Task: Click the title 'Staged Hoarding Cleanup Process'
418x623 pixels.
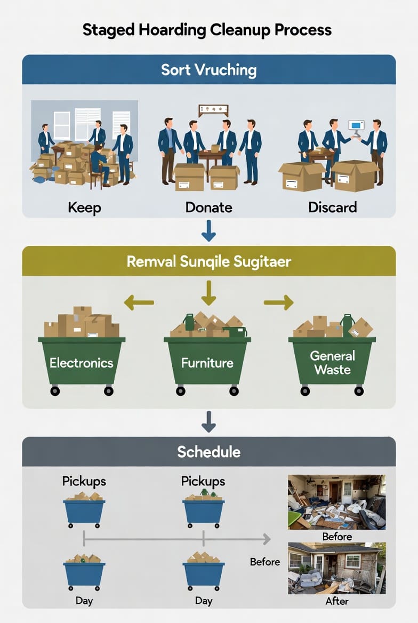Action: coord(207,29)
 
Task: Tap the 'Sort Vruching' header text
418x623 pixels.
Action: coord(208,70)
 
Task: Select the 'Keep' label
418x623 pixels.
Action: coord(84,206)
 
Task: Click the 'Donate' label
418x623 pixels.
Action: coord(208,206)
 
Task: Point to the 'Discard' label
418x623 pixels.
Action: coord(332,206)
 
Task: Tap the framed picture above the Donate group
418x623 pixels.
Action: coord(213,110)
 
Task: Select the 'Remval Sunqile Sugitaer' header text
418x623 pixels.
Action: coord(208,261)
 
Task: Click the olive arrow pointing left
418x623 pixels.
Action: coord(139,302)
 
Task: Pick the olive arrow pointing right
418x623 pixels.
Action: coord(279,302)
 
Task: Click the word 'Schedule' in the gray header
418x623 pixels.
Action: coord(208,452)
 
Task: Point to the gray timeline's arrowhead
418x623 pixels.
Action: coord(266,540)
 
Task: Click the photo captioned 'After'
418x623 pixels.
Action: coord(336,568)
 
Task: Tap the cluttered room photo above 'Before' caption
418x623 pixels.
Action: coord(336,501)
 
